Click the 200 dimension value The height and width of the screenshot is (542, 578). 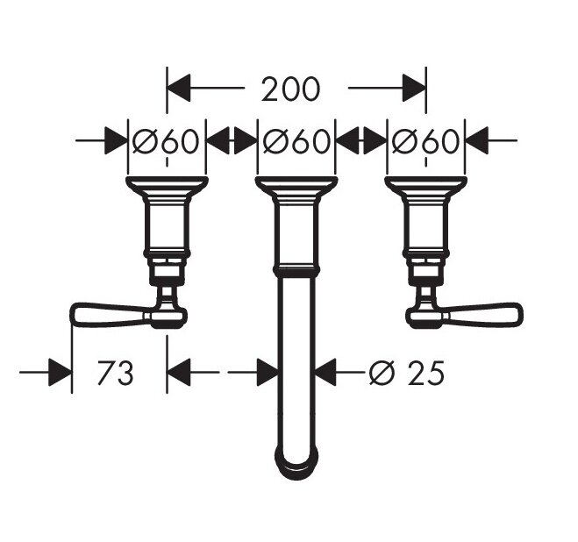[290, 89]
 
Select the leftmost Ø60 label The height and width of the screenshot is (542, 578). [166, 141]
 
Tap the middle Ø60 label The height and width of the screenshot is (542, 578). [296, 141]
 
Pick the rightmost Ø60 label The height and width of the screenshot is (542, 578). [425, 141]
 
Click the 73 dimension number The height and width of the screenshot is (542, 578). [115, 373]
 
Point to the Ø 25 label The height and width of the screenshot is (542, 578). [407, 373]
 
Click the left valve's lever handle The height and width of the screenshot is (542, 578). [111, 315]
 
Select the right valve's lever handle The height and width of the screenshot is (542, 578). [483, 315]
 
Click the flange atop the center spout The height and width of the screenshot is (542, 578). [296, 185]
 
